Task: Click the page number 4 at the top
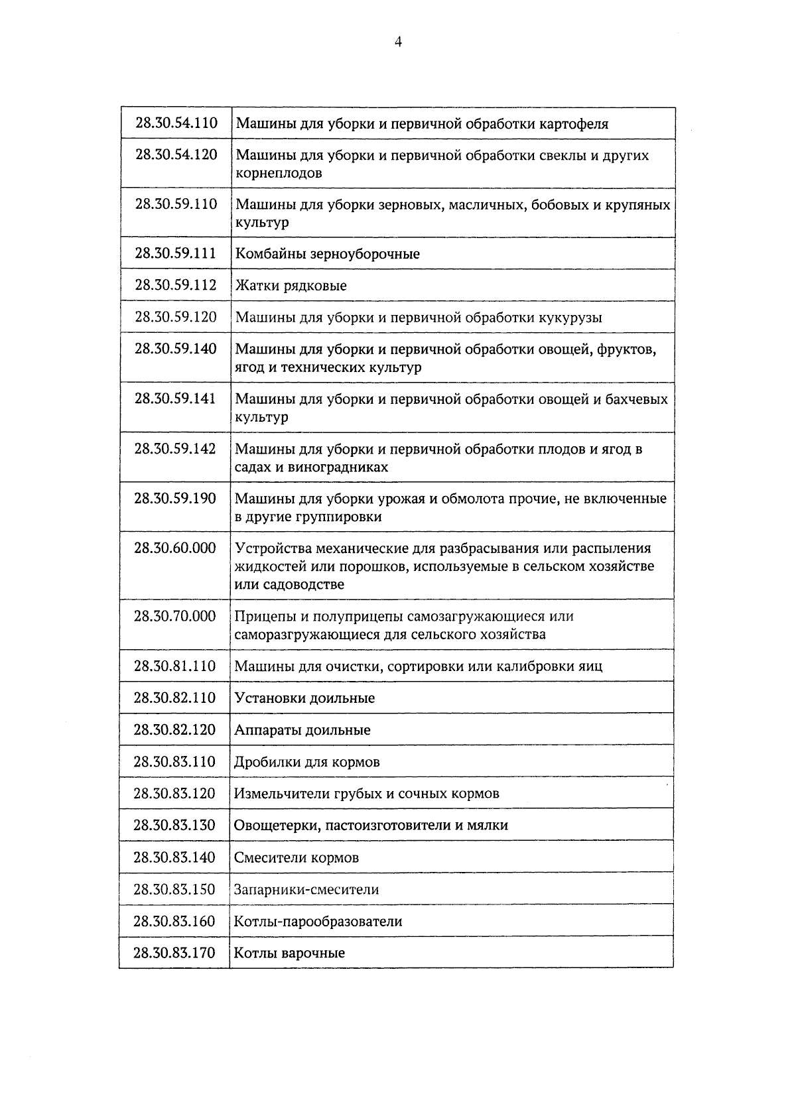click(398, 42)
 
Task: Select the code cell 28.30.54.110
click(176, 123)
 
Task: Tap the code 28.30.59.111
click(176, 253)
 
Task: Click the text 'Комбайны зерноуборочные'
click(328, 254)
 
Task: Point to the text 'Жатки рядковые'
click(291, 286)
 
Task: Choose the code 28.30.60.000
click(175, 548)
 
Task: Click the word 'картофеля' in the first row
click(574, 124)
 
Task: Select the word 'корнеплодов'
click(279, 173)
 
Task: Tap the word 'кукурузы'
click(571, 318)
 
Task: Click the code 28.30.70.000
click(175, 616)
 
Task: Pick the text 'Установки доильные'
click(304, 698)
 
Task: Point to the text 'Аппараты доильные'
click(302, 730)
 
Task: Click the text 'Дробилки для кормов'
click(307, 762)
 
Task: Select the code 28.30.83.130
click(174, 825)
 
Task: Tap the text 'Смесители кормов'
click(297, 857)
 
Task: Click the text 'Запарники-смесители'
click(306, 889)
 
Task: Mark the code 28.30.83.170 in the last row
click(174, 953)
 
